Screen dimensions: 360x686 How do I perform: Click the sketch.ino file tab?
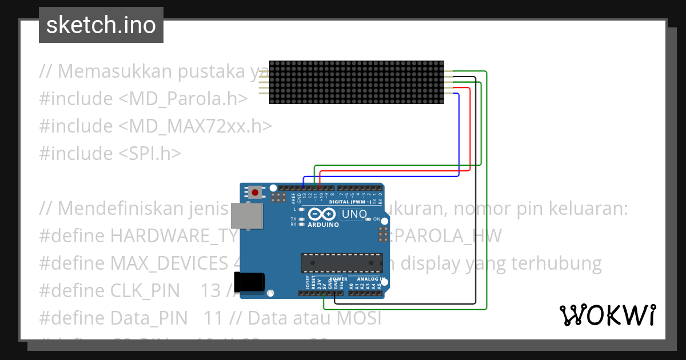point(101,25)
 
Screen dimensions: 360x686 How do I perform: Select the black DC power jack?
point(252,281)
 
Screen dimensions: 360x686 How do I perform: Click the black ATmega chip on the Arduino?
point(341,262)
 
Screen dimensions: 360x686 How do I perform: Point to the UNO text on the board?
point(354,215)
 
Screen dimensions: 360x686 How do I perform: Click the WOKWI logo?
point(607,315)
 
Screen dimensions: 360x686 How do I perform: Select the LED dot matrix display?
point(356,83)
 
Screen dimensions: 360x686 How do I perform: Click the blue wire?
point(459,137)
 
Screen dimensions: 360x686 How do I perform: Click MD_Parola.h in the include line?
point(183,99)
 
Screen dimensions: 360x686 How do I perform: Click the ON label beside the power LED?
point(377,219)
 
